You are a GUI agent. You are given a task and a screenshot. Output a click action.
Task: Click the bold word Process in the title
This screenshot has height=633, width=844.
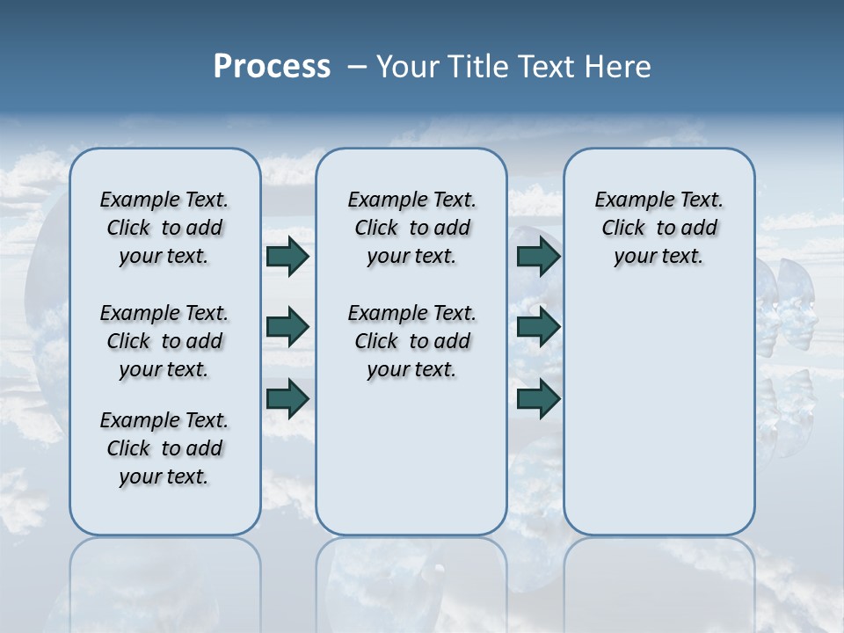pos(272,67)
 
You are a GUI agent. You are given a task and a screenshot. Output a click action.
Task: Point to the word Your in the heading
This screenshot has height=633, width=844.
pos(409,67)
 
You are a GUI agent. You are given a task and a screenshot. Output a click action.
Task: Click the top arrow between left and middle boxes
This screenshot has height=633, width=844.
pos(287,257)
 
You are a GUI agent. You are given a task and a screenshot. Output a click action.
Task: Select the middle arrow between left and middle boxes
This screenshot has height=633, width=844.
pos(287,327)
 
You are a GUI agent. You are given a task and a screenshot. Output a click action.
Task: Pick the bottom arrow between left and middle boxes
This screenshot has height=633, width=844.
pos(287,397)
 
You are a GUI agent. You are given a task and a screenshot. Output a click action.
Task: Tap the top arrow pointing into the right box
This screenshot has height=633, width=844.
pos(538,257)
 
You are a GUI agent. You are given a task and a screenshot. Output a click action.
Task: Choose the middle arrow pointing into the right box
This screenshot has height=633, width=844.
pos(538,327)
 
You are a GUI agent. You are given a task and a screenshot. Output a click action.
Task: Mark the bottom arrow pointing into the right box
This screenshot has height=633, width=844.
pos(538,398)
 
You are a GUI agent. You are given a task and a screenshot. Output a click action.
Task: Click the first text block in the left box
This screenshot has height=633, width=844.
pos(164,228)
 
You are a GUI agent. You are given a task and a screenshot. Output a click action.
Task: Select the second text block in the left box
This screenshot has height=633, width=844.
pos(164,341)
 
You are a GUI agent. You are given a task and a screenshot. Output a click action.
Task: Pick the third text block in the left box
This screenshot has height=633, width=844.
pos(164,448)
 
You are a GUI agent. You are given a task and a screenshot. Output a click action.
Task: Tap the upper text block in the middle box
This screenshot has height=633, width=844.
pos(411,228)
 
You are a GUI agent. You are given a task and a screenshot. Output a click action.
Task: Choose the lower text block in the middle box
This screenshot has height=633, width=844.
pos(411,341)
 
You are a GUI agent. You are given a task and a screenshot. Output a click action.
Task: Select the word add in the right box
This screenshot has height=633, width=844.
pos(700,229)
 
